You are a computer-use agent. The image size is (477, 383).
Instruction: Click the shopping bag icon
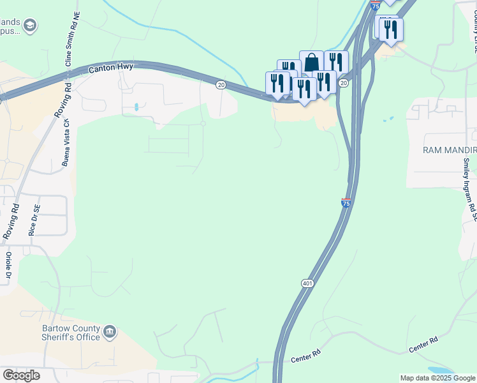pos(311,63)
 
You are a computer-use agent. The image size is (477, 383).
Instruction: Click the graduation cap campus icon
pos(29,25)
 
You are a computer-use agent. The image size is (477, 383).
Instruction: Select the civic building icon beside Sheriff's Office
pos(110,331)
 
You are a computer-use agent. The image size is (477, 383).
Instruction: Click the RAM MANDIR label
pos(450,149)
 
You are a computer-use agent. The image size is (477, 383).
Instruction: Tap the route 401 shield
pos(307,282)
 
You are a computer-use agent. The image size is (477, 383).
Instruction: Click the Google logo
pos(21,375)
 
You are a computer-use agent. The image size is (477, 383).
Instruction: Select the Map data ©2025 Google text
pos(437,378)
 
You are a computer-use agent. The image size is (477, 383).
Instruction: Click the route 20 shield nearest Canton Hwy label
pos(221,84)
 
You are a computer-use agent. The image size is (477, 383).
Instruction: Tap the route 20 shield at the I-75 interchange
pos(344,83)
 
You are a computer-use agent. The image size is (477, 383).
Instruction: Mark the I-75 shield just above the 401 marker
pos(346,203)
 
